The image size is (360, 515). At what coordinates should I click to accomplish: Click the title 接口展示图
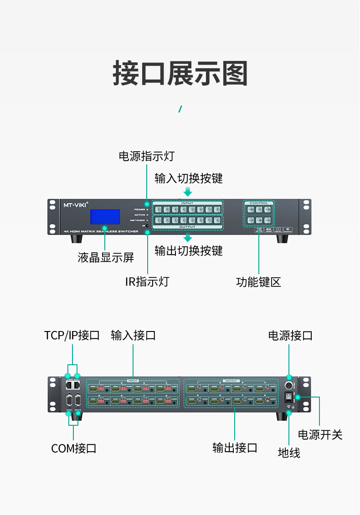coord(180,73)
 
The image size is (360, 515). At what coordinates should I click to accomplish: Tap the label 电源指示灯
coord(146,156)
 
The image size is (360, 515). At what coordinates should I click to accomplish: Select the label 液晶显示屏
coord(106,258)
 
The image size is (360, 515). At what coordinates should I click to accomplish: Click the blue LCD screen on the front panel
coord(105,217)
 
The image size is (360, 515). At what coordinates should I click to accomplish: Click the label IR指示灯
coord(147,281)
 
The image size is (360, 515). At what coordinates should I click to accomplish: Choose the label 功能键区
coord(258,282)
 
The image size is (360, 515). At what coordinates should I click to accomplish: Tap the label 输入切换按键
coord(188,178)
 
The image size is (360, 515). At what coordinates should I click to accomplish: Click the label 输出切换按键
coord(188,250)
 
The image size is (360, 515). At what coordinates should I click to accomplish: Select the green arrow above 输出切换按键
coord(188,238)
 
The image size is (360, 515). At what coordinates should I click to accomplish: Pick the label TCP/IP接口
coord(72,336)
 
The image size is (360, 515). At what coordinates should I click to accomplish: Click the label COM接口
coord(74,448)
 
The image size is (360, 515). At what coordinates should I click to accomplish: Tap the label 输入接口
coord(134,336)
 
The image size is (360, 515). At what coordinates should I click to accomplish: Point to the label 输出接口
coord(235,448)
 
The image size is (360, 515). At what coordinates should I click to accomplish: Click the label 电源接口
coord(290,336)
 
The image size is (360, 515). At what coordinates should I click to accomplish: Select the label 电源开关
coord(320,434)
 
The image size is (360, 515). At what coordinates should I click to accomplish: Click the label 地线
coord(289,453)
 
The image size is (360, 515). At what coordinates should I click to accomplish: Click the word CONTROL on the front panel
coord(258,203)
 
